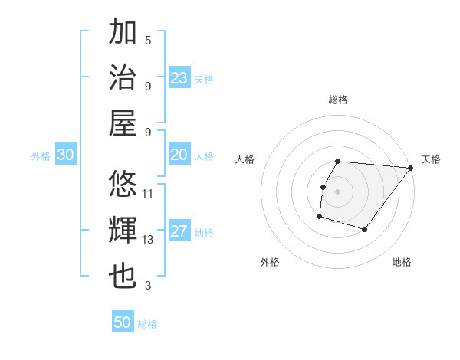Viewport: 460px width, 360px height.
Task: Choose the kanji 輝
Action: [x=123, y=230]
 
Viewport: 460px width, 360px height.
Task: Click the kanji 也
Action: [x=123, y=274]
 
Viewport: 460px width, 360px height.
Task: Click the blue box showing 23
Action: [x=179, y=78]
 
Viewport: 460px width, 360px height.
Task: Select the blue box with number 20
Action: [x=179, y=155]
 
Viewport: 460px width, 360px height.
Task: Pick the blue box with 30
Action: [x=65, y=155]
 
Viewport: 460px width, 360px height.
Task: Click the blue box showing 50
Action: [x=123, y=322]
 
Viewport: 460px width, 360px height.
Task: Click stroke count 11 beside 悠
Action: [x=148, y=194]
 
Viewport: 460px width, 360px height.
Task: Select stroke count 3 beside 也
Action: [x=148, y=286]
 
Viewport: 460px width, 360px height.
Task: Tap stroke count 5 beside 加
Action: [x=148, y=40]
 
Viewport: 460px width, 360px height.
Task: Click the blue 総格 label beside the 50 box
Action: [x=147, y=324]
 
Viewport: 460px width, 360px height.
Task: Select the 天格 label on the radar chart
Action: [x=431, y=159]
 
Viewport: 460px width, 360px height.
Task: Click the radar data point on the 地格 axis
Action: [x=365, y=229]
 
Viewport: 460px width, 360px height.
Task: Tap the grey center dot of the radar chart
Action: [x=337, y=191]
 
